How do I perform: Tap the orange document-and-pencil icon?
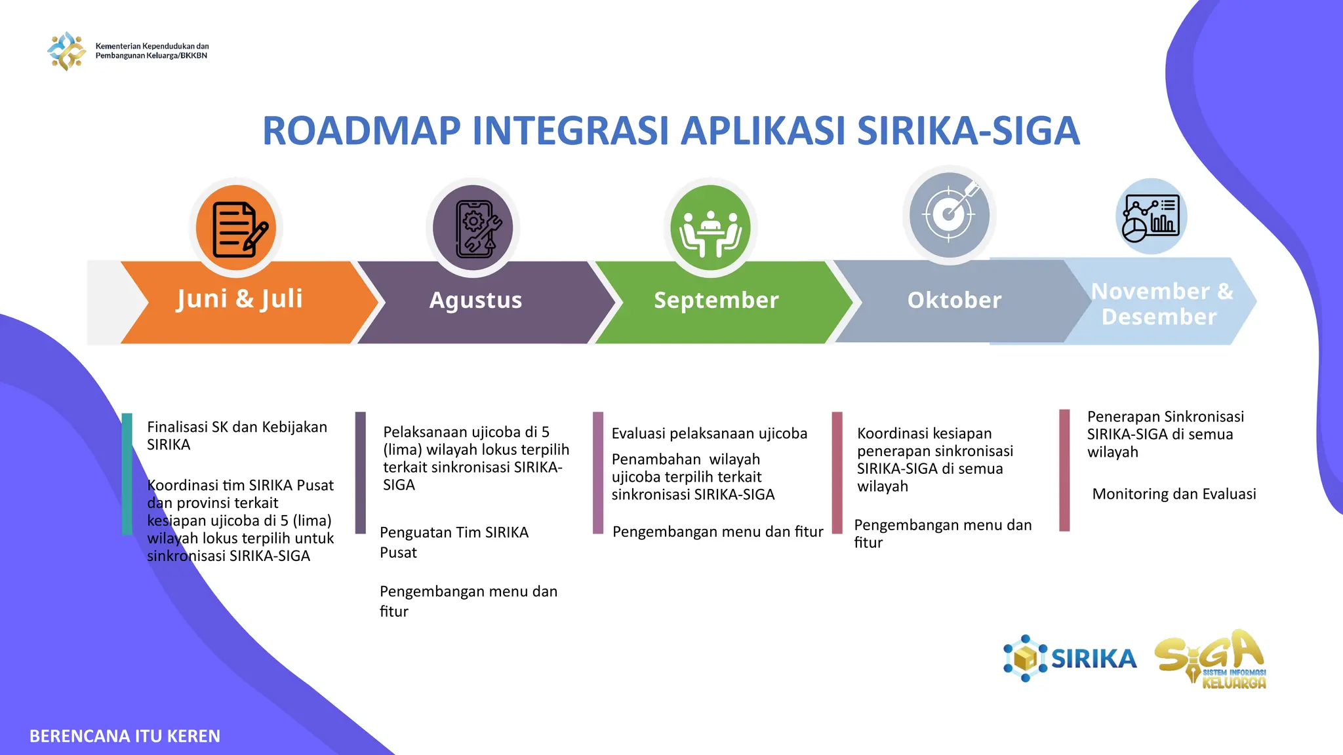[x=237, y=228]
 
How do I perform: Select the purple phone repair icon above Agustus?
[x=473, y=228]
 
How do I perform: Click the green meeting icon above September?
[x=710, y=228]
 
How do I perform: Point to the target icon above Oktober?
[x=949, y=214]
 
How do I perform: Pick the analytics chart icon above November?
[x=1151, y=216]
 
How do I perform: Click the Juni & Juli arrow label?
[x=239, y=299]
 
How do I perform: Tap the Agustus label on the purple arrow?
[x=475, y=300]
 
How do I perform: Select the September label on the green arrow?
[x=716, y=300]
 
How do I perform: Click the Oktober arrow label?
[x=954, y=300]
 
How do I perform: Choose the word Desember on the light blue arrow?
[x=1159, y=317]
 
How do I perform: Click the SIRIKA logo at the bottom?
[x=1070, y=658]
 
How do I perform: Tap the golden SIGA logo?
[x=1211, y=659]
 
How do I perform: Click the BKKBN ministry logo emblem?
[x=66, y=50]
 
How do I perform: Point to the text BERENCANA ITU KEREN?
[x=125, y=736]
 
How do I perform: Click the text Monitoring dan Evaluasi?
[x=1174, y=494]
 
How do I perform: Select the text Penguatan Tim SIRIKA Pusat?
[x=454, y=541]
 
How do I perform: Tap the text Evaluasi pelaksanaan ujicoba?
[x=709, y=434]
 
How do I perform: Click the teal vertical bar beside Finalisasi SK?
[x=127, y=473]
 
